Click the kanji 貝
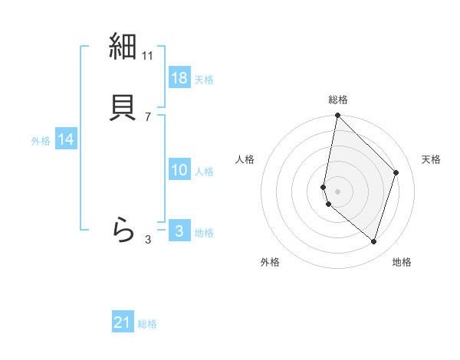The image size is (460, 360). (123, 106)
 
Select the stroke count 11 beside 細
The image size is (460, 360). (148, 56)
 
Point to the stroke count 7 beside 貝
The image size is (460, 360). (148, 116)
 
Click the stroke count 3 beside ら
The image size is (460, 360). (148, 240)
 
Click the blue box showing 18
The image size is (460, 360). (179, 78)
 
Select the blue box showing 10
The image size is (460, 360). (179, 170)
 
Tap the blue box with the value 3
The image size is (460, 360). (179, 231)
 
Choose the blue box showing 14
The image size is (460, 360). (66, 139)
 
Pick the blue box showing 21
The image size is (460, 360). (123, 323)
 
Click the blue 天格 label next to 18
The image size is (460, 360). (204, 80)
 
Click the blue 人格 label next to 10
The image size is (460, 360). (204, 172)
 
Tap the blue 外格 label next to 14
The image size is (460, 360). (41, 141)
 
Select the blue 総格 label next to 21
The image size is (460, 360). (147, 325)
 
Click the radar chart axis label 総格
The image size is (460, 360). (338, 100)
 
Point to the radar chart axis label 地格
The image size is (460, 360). (402, 262)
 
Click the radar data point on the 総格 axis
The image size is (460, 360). (337, 116)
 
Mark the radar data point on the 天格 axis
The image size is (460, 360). (396, 172)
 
